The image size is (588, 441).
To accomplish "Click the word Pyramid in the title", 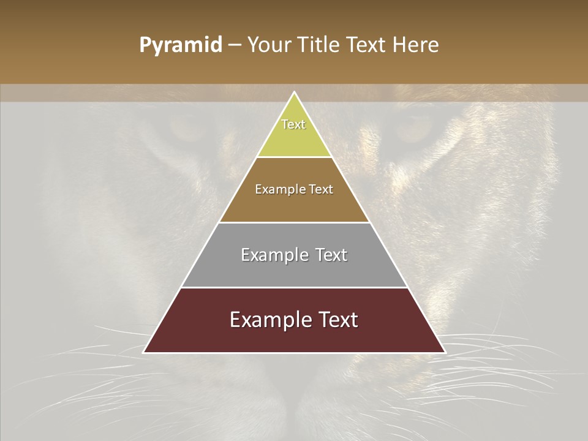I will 180,46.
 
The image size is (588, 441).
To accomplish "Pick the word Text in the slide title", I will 367,45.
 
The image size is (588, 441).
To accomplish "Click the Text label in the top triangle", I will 293,124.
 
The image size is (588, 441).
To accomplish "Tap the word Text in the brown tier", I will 322,189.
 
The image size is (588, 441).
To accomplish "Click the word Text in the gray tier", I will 331,255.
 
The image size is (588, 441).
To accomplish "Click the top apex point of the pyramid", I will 294,92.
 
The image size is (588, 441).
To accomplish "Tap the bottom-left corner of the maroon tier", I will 144,352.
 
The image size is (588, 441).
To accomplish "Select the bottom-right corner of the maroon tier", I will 445,352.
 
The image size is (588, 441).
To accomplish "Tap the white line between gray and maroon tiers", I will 294,287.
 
